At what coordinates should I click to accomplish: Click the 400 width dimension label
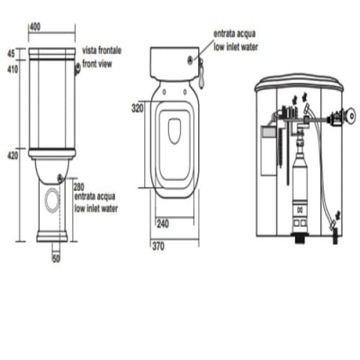tap(35, 27)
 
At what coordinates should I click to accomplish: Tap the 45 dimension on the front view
tap(11, 54)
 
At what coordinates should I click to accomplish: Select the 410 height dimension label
tap(13, 69)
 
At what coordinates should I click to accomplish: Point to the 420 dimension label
tap(13, 156)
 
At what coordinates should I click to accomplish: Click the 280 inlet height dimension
tap(78, 188)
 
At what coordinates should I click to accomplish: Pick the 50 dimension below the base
tap(56, 258)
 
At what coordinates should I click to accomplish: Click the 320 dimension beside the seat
tap(138, 108)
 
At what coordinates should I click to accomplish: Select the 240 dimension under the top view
tap(163, 223)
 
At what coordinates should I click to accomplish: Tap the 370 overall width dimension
tap(158, 247)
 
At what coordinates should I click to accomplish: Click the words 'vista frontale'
tap(102, 50)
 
